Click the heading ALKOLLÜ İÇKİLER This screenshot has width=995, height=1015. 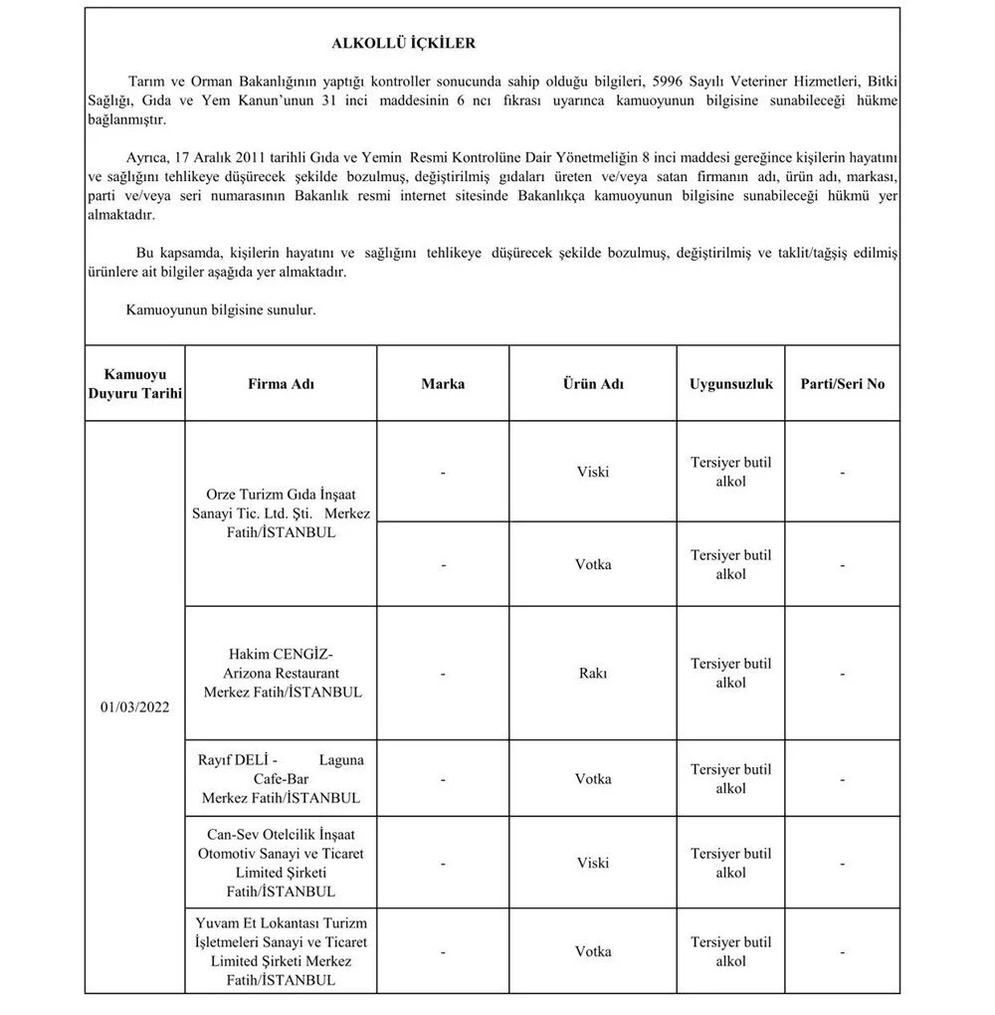click(403, 44)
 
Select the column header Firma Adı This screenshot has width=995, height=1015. click(281, 384)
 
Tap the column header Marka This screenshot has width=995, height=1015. click(443, 384)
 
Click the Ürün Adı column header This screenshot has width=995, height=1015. click(593, 384)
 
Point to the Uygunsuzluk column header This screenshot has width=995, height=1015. click(730, 384)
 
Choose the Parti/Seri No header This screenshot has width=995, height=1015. click(842, 384)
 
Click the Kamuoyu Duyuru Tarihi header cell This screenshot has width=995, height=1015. click(134, 384)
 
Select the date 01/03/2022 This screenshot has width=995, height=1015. click(134, 708)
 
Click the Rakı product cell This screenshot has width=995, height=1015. click(593, 674)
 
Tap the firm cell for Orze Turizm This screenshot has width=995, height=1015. click(281, 512)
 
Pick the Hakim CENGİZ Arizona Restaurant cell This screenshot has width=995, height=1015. click(281, 673)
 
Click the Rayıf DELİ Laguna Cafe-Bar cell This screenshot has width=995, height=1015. click(281, 779)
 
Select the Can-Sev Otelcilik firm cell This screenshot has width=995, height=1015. click(281, 864)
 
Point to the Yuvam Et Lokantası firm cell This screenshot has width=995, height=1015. click(281, 952)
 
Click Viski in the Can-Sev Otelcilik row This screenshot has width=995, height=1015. click(593, 864)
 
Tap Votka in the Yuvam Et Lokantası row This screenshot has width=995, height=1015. click(593, 952)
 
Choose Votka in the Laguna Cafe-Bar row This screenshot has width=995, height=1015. click(593, 779)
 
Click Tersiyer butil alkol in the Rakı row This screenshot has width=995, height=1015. click(730, 674)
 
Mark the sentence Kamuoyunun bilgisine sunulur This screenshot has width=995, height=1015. click(220, 310)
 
